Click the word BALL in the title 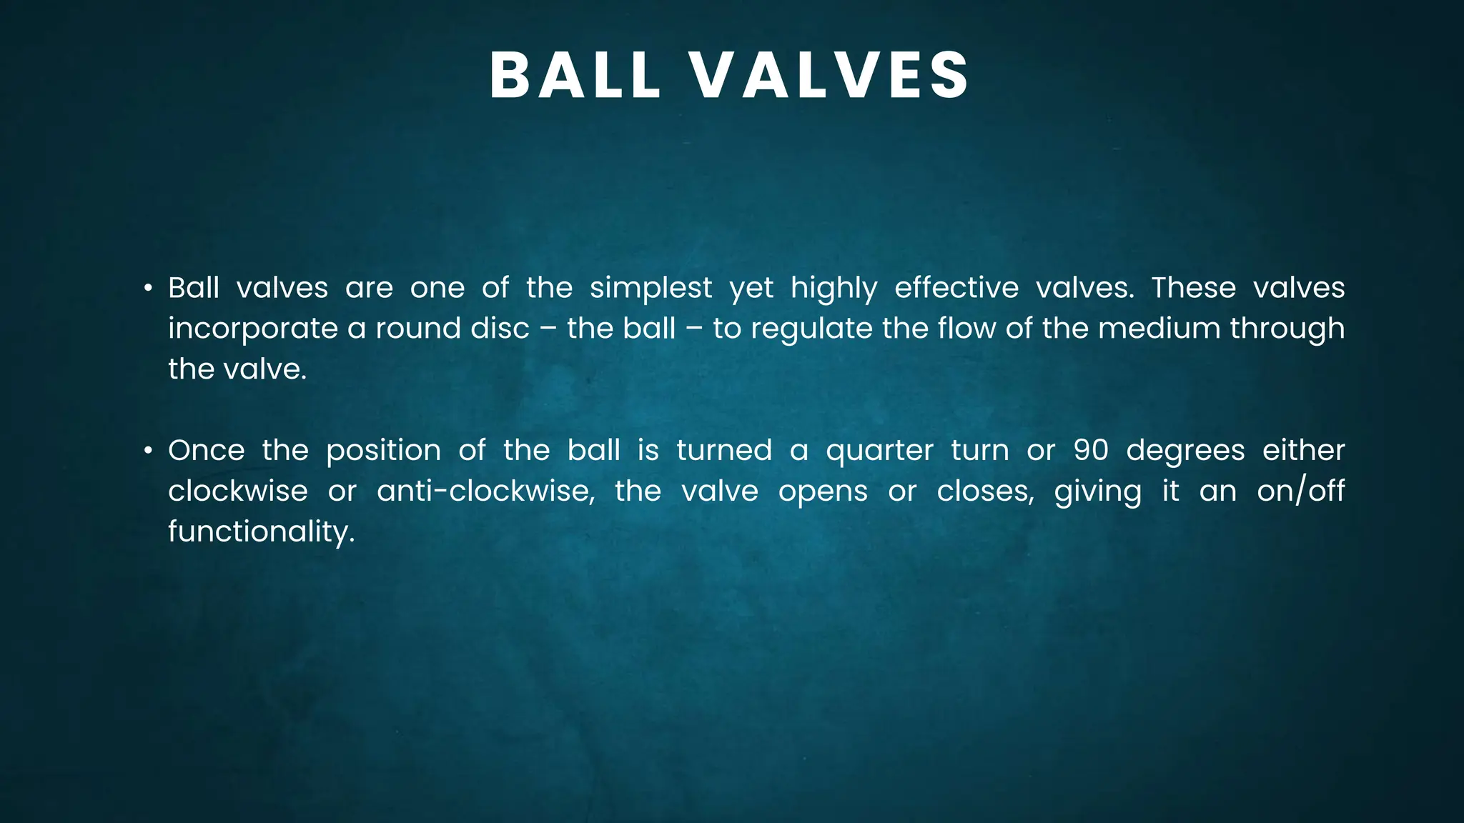(575, 76)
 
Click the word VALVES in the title (830, 76)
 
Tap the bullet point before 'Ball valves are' (148, 289)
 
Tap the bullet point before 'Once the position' (148, 451)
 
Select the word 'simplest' (651, 288)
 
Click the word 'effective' (956, 288)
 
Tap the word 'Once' (206, 451)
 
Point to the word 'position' (383, 452)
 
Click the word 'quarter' (879, 452)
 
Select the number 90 (1091, 451)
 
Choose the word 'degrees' (1185, 452)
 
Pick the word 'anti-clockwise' (485, 492)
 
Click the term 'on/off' (1300, 492)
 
